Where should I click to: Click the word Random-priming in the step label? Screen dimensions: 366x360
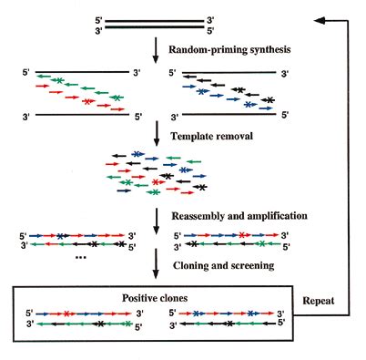208,49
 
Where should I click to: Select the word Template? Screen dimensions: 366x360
191,136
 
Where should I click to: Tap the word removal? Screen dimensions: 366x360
233,136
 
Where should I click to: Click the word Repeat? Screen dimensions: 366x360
319,301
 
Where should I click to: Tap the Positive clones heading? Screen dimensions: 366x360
155,298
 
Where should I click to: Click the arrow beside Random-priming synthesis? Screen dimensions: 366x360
156,50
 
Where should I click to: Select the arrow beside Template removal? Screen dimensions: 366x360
157,134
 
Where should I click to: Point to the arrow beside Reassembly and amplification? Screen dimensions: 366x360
157,221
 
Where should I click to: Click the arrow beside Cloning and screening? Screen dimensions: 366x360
156,263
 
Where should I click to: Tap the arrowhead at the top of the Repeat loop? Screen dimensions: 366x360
320,20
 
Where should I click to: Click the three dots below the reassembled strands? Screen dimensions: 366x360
81,258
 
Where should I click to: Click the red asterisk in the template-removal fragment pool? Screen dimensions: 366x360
156,182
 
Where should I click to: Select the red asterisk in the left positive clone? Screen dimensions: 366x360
66,314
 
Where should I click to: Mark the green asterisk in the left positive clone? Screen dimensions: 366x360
128,324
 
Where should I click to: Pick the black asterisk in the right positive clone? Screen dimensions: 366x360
230,324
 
